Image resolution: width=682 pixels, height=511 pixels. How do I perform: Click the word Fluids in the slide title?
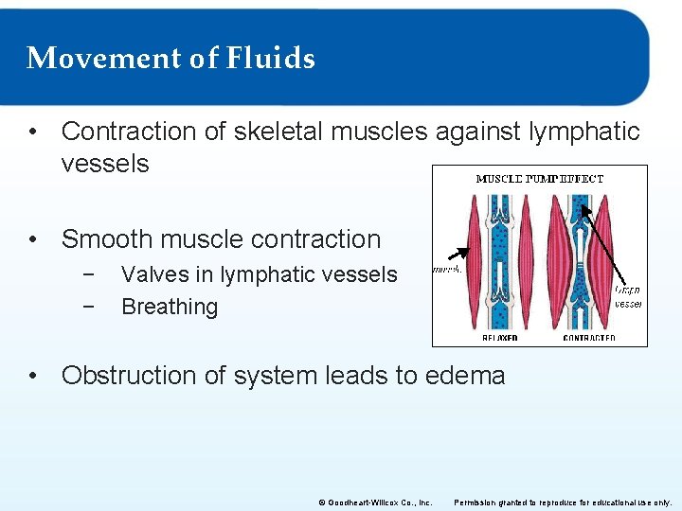pyautogui.click(x=271, y=59)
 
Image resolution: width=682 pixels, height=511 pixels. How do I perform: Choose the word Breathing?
pyautogui.click(x=170, y=307)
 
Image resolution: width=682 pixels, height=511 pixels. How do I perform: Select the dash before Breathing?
pyautogui.click(x=87, y=307)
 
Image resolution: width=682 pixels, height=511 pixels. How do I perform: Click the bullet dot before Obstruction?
pyautogui.click(x=34, y=376)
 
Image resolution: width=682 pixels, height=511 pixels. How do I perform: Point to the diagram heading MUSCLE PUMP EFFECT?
pyautogui.click(x=539, y=178)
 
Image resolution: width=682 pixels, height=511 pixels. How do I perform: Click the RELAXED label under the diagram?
pyautogui.click(x=499, y=338)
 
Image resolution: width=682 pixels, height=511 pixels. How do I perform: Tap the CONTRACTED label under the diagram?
pyautogui.click(x=588, y=338)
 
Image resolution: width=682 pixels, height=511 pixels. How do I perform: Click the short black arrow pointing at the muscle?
pyautogui.click(x=457, y=255)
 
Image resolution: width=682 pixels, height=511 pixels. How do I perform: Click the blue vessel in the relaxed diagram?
pyautogui.click(x=499, y=274)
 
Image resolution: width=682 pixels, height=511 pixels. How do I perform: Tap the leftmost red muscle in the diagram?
pyautogui.click(x=475, y=265)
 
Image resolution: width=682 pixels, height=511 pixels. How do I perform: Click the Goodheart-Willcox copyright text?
pyautogui.click(x=375, y=502)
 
